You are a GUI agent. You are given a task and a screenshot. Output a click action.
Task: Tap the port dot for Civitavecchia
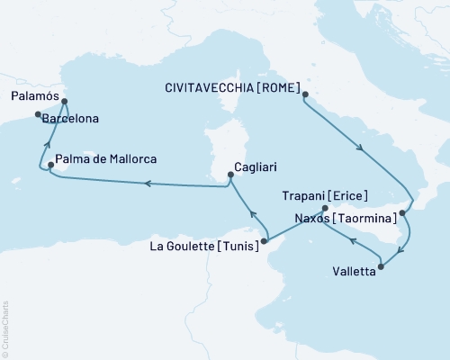(x=304, y=94)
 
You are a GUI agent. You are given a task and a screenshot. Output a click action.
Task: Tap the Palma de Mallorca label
(x=106, y=159)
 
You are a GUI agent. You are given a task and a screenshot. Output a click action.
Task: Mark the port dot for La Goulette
(x=265, y=240)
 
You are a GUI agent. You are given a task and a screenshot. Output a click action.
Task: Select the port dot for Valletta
(x=382, y=265)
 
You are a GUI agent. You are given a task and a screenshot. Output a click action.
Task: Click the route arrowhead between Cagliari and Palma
(x=145, y=184)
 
